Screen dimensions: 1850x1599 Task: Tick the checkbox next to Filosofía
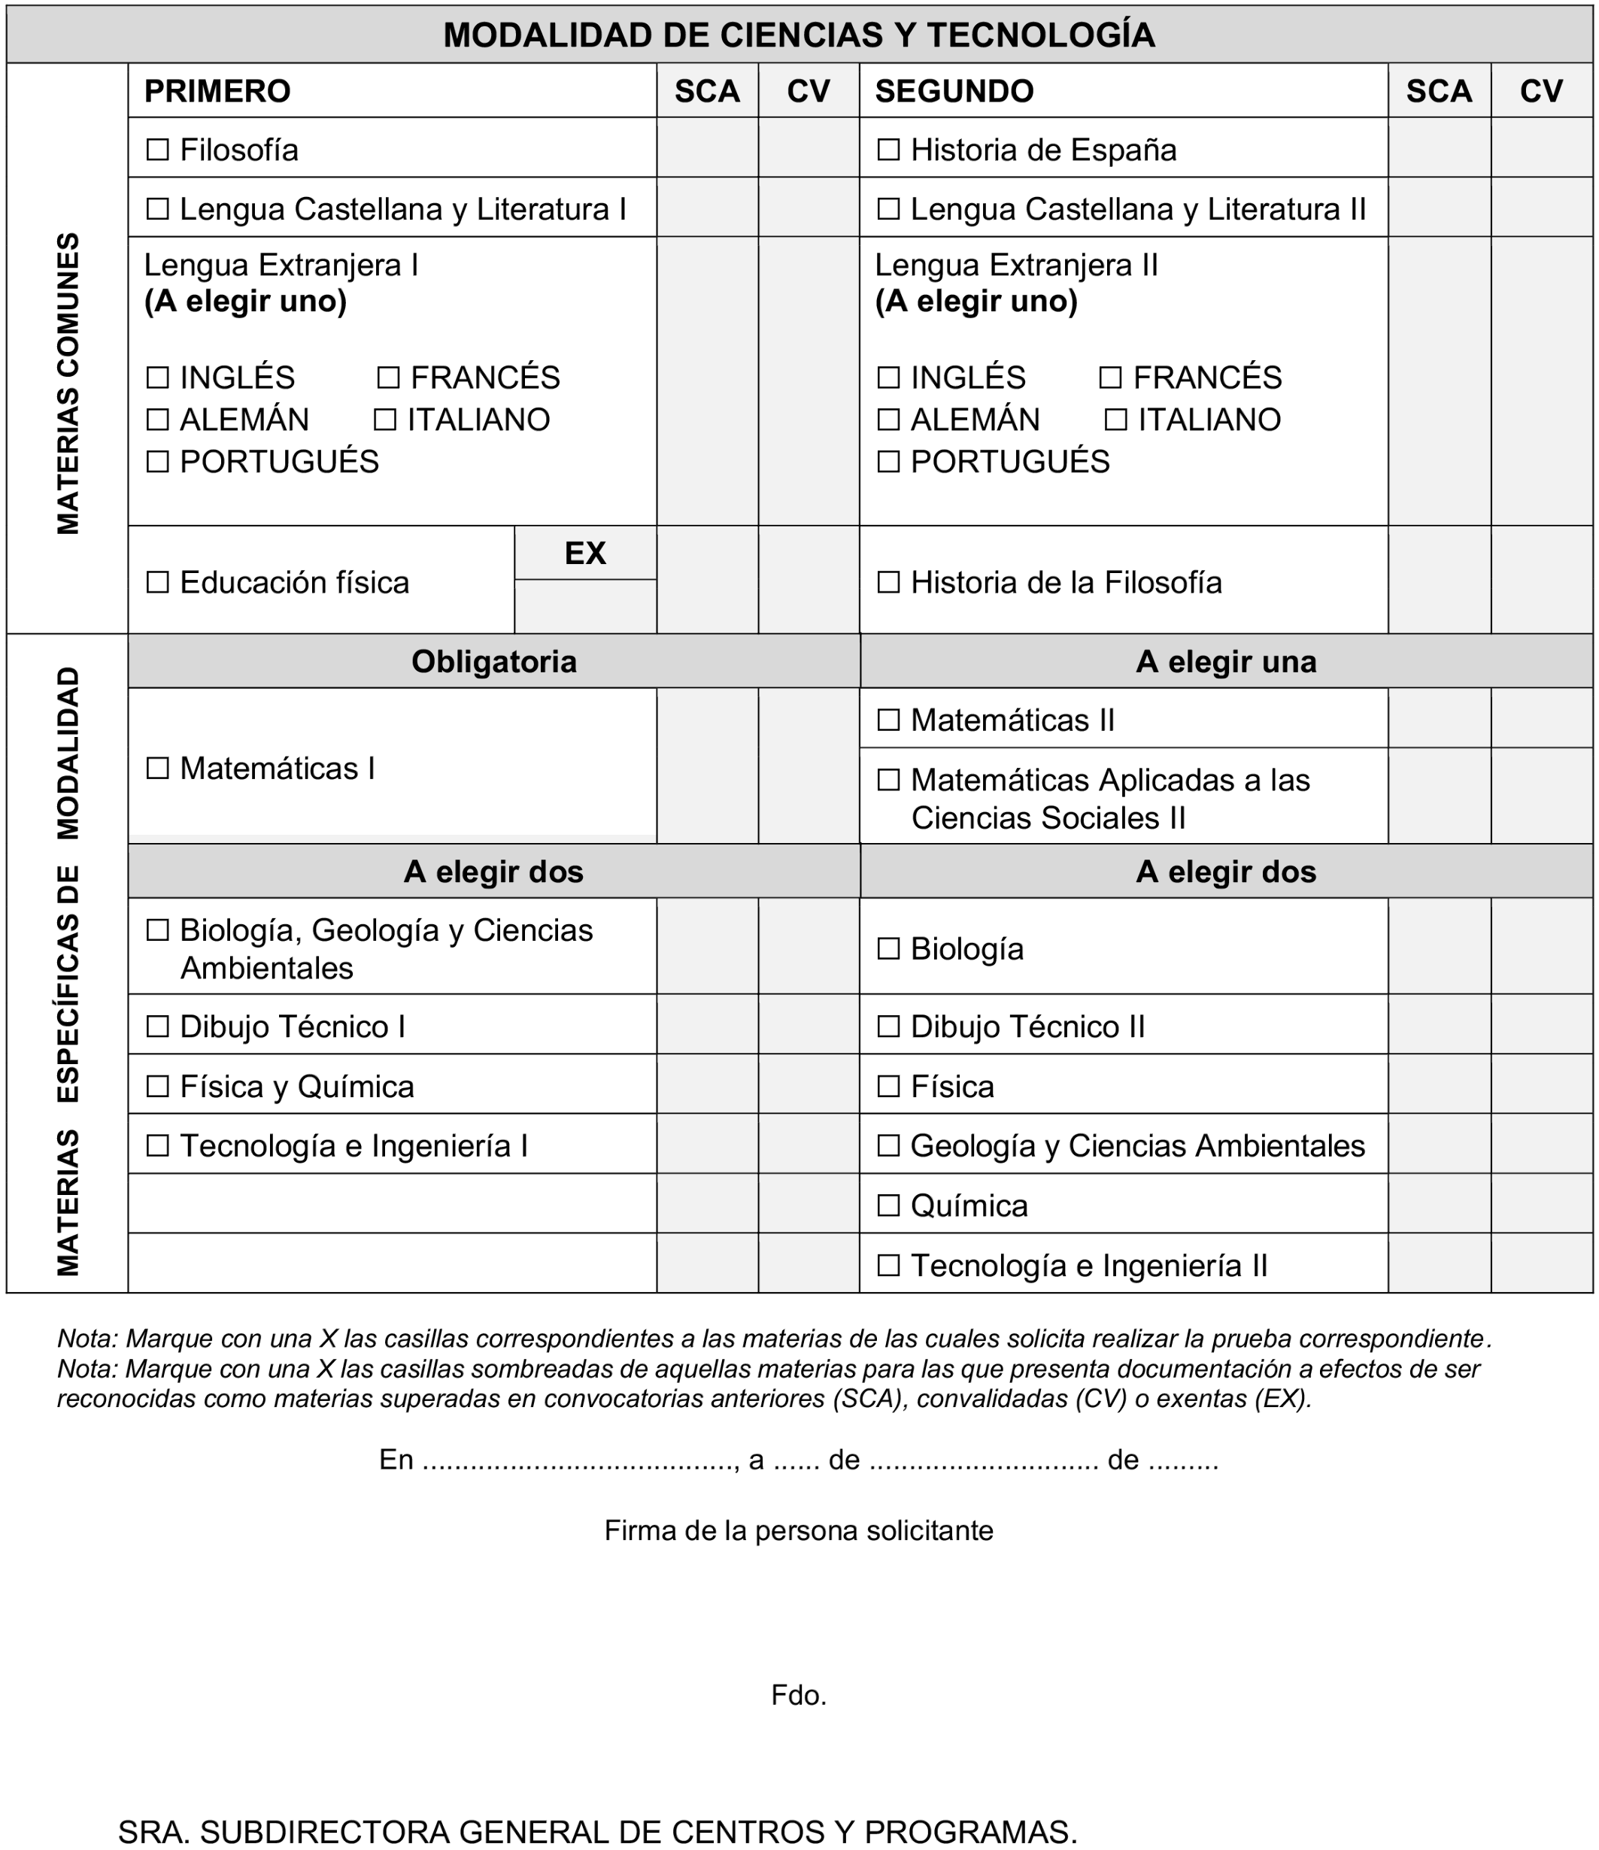click(157, 149)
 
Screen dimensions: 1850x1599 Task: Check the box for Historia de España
click(887, 149)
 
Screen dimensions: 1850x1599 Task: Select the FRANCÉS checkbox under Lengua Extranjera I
click(387, 377)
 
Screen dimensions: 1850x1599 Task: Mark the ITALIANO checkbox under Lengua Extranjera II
click(1115, 419)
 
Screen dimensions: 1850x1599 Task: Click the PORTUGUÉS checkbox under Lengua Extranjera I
click(157, 461)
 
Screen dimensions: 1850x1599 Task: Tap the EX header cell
click(585, 553)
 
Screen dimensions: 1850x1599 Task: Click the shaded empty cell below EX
click(585, 606)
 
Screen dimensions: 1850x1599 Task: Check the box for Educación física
click(157, 582)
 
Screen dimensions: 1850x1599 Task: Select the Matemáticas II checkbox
click(887, 720)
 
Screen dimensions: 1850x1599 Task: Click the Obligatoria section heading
click(493, 662)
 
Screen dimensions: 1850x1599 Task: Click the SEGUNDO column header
click(954, 91)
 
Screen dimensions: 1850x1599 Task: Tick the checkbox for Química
click(887, 1206)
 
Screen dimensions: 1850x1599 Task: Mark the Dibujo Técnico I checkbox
click(157, 1026)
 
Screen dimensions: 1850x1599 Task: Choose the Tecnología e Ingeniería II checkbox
click(887, 1265)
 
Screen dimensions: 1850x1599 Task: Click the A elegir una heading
click(1225, 662)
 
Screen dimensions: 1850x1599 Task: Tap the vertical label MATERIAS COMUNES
click(68, 384)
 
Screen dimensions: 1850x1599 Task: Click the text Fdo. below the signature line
click(798, 1694)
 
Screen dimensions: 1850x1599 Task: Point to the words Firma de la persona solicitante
click(798, 1530)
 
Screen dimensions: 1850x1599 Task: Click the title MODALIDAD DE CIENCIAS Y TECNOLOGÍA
click(798, 35)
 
